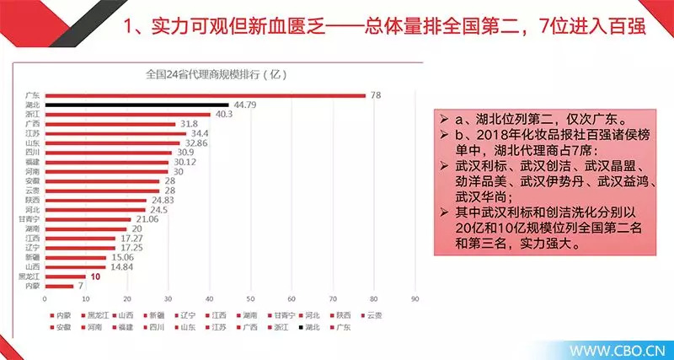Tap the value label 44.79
[244, 105]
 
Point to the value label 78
[375, 95]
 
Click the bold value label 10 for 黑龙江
[97, 276]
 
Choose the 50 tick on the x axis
[250, 299]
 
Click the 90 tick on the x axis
[414, 299]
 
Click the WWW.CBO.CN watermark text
[618, 348]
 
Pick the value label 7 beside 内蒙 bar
[81, 286]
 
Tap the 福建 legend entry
[120, 326]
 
